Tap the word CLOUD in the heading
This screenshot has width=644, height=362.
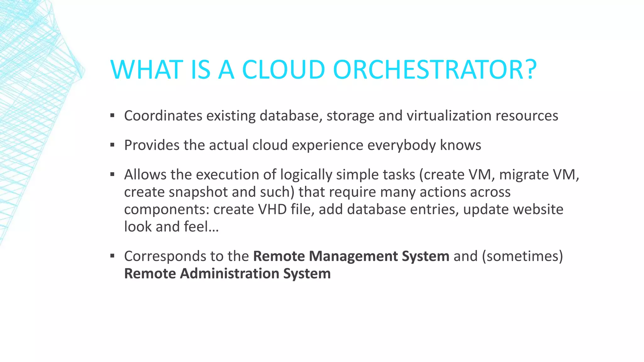(283, 69)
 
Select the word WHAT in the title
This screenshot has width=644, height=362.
(147, 69)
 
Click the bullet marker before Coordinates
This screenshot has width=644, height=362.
(112, 116)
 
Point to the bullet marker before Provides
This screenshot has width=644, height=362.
(112, 145)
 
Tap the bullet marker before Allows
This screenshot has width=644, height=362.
(112, 174)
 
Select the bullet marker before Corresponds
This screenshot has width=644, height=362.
(112, 256)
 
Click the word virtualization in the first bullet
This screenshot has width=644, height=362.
(449, 116)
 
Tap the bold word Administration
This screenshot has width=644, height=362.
(229, 273)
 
